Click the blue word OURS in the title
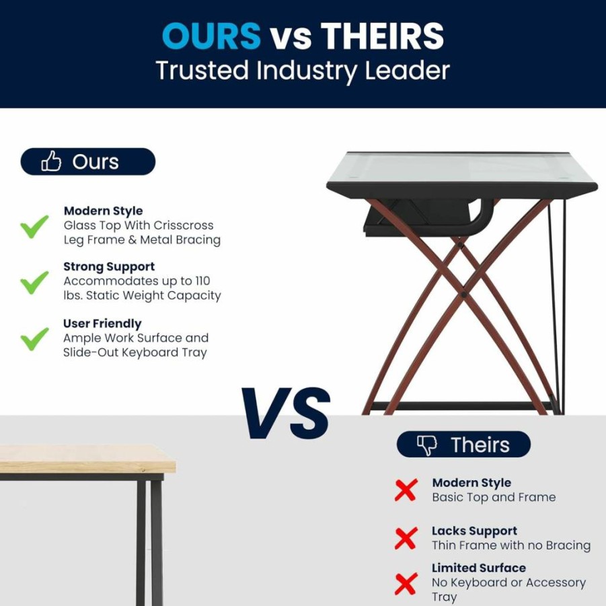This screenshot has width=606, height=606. click(211, 36)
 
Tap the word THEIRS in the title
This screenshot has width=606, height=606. click(382, 36)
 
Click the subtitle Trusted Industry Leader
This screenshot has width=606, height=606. click(303, 71)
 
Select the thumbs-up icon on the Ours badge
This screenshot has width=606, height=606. click(51, 161)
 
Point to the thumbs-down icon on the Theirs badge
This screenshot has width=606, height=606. click(426, 445)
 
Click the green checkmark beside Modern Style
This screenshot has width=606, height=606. click(34, 227)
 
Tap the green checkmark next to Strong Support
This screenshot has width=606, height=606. click(34, 282)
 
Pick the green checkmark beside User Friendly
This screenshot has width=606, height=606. click(34, 339)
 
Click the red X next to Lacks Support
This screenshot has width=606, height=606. click(406, 538)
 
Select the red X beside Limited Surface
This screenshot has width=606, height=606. click(406, 584)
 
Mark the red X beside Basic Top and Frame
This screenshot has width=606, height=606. click(406, 490)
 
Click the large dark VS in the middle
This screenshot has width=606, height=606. click(286, 413)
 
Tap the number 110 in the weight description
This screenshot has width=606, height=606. click(202, 281)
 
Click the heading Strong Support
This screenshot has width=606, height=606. click(109, 266)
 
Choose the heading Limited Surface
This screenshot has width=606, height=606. click(479, 568)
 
